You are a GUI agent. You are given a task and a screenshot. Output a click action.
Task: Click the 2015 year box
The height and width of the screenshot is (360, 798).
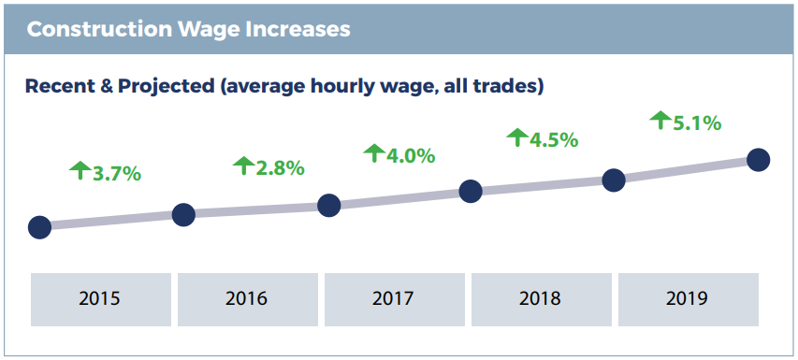[100, 299]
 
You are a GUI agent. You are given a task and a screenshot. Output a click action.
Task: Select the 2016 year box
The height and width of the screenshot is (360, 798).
[246, 299]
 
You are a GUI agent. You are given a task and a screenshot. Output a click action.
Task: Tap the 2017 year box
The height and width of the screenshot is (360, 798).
[393, 299]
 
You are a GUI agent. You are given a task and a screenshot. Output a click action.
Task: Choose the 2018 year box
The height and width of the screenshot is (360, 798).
[540, 299]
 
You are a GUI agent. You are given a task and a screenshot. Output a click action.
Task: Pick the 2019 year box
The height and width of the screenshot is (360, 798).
[687, 299]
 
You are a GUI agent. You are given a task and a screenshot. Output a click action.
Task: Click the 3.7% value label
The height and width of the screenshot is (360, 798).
[116, 173]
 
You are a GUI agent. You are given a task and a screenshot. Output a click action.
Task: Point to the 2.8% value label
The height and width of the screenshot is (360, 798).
[280, 168]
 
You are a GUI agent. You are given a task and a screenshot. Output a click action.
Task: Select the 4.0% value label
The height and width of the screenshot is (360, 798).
[411, 155]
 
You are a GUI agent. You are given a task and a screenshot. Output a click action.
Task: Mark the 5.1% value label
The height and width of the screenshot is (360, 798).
[697, 122]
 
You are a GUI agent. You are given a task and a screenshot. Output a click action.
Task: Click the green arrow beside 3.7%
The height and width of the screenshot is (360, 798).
[80, 170]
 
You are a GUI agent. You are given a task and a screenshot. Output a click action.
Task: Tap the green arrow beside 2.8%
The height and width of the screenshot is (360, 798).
[243, 166]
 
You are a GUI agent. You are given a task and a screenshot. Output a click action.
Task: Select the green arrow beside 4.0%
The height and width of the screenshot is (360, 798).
[374, 152]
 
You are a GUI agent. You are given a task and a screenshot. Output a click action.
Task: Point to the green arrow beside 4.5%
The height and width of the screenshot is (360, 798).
[517, 137]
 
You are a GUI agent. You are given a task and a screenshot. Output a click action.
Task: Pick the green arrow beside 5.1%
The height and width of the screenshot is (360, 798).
[660, 120]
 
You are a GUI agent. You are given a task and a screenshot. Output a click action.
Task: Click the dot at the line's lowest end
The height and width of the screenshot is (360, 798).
[39, 227]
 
